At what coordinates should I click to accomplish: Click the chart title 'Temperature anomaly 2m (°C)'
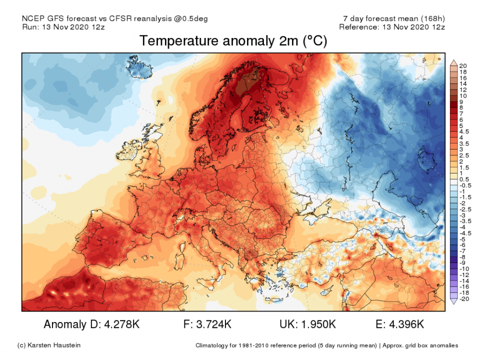click(x=233, y=41)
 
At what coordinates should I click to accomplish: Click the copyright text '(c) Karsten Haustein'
click(x=49, y=345)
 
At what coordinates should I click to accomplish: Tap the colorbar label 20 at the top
click(x=463, y=66)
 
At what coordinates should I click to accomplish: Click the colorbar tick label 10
click(x=463, y=95)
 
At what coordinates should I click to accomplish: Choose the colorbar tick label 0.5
click(x=463, y=179)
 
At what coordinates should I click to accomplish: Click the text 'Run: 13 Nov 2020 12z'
click(x=63, y=27)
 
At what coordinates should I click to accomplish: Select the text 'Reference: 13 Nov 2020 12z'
click(x=391, y=27)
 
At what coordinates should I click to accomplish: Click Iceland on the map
click(x=139, y=68)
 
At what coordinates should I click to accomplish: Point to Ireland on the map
click(x=131, y=150)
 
